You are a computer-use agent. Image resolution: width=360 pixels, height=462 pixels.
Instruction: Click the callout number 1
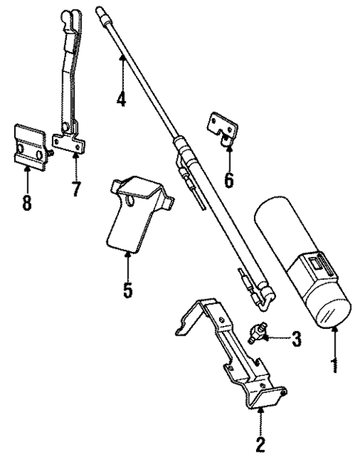point(333,365)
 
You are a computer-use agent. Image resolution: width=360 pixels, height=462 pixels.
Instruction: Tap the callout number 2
point(261,446)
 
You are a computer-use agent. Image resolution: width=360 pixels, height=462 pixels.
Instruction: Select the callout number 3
point(296,341)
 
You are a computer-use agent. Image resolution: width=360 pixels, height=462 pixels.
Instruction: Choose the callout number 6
point(229,179)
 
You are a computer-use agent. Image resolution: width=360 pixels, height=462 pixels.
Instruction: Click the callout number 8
point(27,201)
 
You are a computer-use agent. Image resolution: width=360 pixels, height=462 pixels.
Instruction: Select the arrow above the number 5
point(128,264)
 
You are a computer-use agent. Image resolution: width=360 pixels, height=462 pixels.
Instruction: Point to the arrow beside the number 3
point(278,339)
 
